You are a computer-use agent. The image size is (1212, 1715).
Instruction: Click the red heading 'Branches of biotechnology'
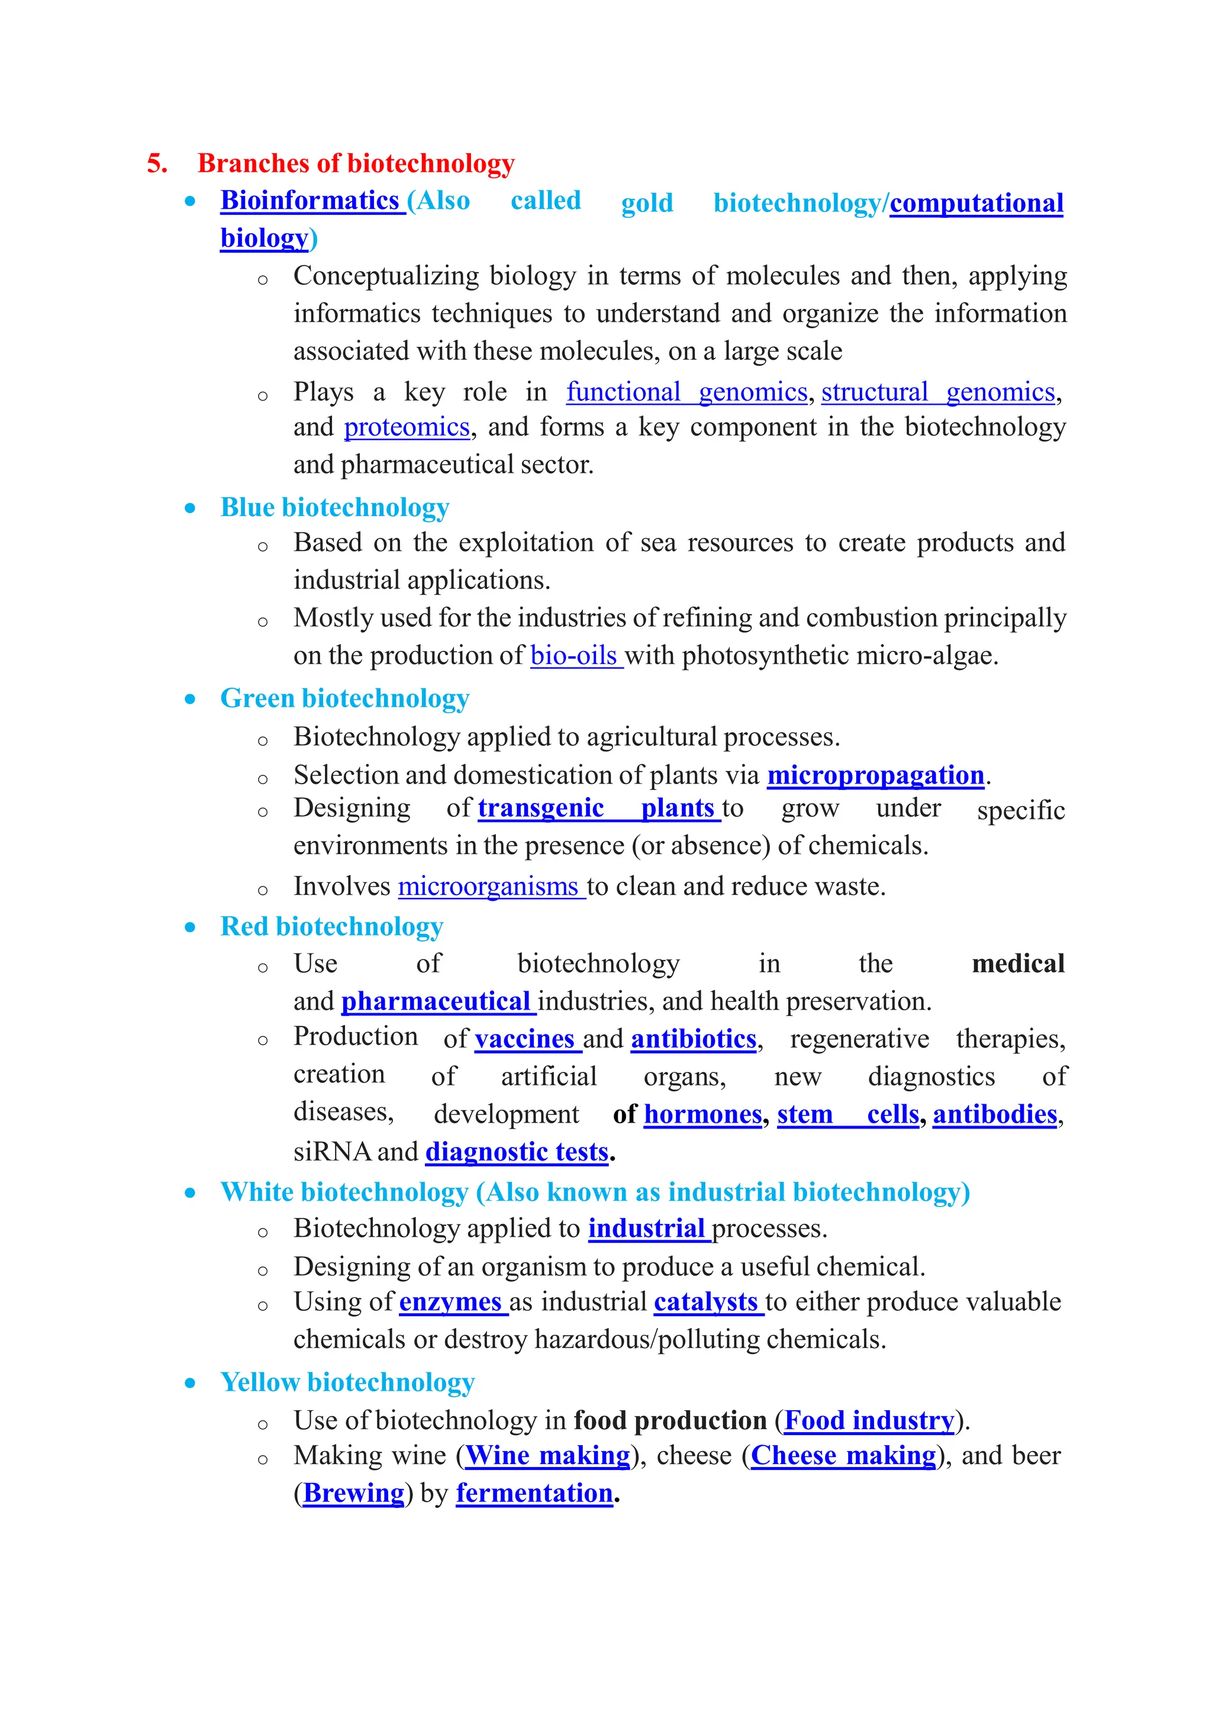pyautogui.click(x=356, y=163)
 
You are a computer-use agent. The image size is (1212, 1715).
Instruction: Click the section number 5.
pyautogui.click(x=156, y=163)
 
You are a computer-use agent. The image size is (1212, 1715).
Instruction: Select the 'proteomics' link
pyautogui.click(x=406, y=427)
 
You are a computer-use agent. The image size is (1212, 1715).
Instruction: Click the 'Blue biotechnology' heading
pyautogui.click(x=334, y=507)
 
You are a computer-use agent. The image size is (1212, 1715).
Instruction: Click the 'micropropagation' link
pyautogui.click(x=875, y=775)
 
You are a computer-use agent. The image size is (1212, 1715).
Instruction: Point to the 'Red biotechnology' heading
pyautogui.click(x=331, y=926)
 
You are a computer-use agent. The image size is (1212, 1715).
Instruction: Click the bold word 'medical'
pyautogui.click(x=1018, y=963)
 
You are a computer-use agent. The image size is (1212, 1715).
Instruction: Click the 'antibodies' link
pyautogui.click(x=995, y=1114)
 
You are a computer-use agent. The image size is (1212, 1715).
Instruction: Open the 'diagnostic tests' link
pyautogui.click(x=517, y=1152)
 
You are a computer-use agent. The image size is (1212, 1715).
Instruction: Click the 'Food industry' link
pyautogui.click(x=869, y=1420)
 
